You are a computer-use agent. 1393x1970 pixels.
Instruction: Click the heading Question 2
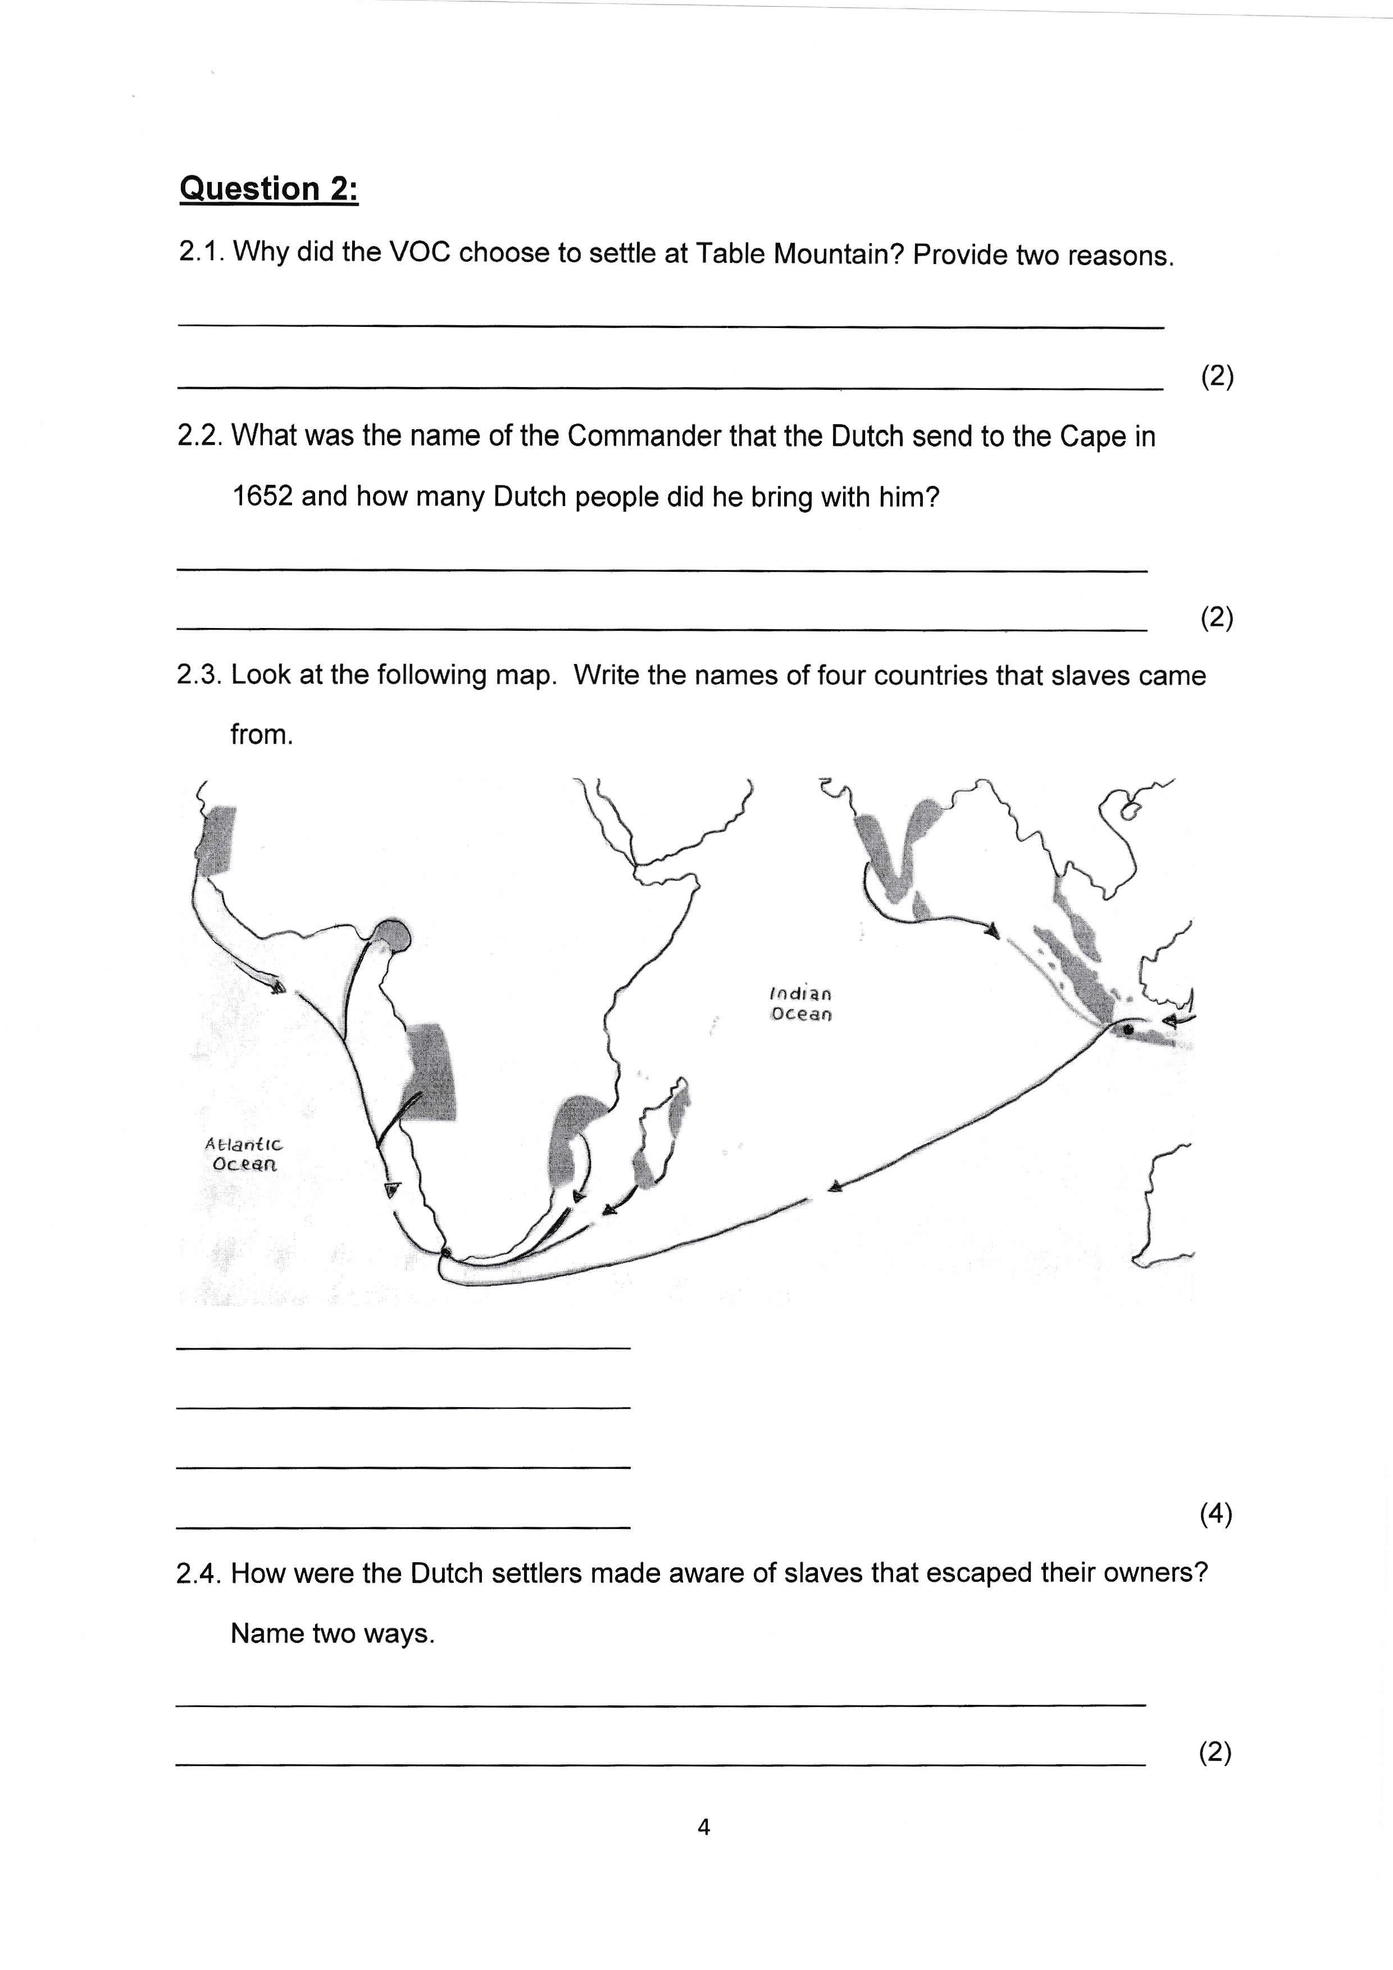[x=268, y=189]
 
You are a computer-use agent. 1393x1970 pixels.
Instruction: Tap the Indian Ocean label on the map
[x=800, y=1004]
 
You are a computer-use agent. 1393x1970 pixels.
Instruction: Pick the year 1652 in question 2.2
[x=262, y=497]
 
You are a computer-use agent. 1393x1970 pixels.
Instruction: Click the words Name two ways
[x=333, y=1633]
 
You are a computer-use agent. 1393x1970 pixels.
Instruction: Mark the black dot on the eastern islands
[x=1128, y=1029]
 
